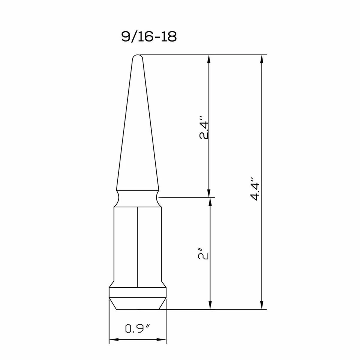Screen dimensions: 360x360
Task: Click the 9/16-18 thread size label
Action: [148, 37]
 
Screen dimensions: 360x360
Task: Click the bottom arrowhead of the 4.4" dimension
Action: [261, 305]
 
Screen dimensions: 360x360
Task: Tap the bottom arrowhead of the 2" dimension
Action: [210, 305]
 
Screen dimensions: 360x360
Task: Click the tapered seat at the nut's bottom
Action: [137, 303]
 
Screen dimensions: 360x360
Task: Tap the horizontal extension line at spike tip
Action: [202, 55]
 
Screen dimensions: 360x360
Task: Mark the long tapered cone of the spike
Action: [137, 131]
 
